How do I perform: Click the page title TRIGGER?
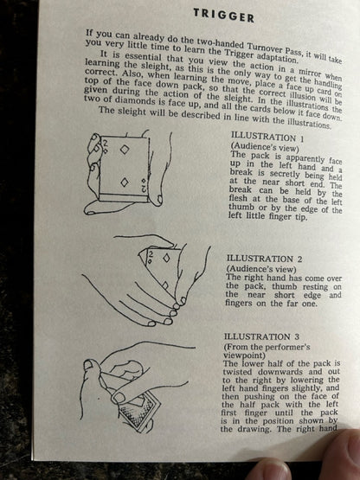223,15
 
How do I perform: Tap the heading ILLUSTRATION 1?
267,138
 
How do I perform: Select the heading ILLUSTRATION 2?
264,259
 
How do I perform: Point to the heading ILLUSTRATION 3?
261,336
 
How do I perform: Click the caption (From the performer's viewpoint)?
267,351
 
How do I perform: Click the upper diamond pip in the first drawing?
125,150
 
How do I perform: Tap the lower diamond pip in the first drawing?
125,182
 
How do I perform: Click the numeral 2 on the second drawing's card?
151,253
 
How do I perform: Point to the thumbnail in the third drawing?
88,364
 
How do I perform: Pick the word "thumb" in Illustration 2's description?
285,286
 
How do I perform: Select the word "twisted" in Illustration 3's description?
238,372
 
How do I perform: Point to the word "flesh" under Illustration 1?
239,200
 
